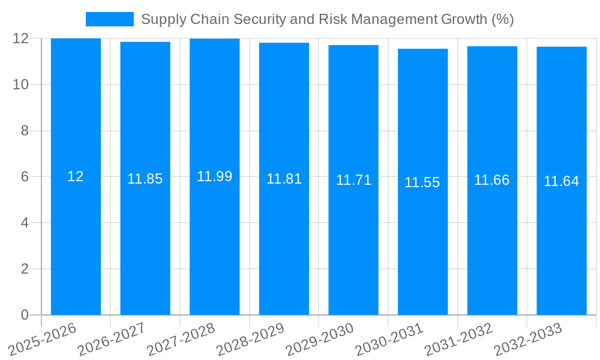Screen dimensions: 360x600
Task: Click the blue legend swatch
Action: tap(109, 19)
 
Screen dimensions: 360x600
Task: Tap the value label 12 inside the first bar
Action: tap(76, 176)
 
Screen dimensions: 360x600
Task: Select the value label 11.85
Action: tap(145, 179)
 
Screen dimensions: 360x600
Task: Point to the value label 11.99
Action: tap(214, 176)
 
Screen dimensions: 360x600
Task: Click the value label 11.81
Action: tap(284, 179)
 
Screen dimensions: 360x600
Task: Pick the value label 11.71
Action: tap(353, 180)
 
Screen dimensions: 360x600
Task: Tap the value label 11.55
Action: tap(422, 182)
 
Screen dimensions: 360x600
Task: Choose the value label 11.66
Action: tap(492, 180)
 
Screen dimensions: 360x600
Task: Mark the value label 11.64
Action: tap(562, 181)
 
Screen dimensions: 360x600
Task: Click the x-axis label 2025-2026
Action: tap(44, 339)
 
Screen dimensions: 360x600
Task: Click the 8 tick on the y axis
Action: tap(25, 131)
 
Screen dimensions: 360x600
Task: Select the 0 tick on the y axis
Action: tap(25, 315)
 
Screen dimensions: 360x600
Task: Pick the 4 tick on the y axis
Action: tap(25, 223)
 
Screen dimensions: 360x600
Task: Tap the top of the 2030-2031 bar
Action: tap(422, 49)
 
